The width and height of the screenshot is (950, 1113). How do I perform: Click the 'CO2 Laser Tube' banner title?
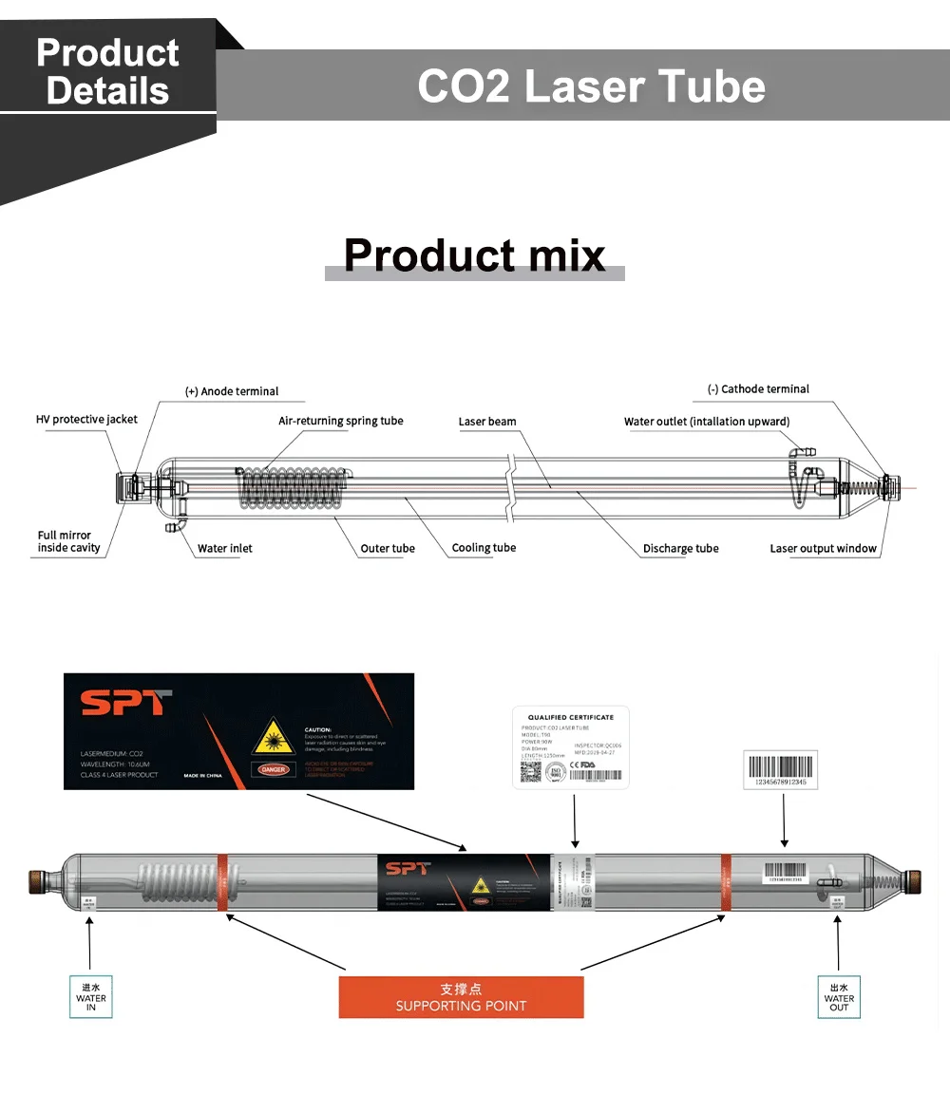(591, 86)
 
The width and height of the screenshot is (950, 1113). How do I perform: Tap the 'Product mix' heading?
(474, 255)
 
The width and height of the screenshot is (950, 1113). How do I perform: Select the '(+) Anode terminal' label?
(232, 391)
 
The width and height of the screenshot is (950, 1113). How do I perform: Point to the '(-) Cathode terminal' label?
(758, 389)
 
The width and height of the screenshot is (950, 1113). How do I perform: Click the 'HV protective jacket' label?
(86, 420)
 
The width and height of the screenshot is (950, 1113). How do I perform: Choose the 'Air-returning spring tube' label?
(340, 421)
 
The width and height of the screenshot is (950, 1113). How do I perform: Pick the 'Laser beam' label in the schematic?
(487, 422)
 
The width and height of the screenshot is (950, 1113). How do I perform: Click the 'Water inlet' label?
(224, 548)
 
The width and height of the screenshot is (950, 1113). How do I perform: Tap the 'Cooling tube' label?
(484, 548)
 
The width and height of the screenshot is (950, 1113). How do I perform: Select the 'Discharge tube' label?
(680, 549)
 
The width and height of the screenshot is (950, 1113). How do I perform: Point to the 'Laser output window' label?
(823, 548)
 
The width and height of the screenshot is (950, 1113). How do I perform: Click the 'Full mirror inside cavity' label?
(68, 541)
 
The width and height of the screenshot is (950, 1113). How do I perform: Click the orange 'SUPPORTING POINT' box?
(461, 997)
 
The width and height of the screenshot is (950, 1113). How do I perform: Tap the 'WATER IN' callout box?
(91, 997)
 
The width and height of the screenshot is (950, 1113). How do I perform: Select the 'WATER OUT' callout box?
(839, 997)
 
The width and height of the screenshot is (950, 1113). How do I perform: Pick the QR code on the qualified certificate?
(530, 772)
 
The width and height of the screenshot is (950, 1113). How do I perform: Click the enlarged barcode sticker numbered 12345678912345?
(779, 770)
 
